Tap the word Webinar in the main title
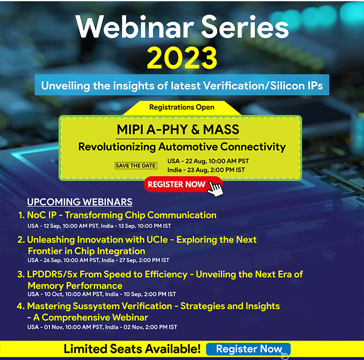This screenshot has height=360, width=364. tap(135, 27)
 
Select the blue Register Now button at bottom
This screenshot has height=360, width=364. tap(248, 349)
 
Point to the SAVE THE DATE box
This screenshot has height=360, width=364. tap(136, 166)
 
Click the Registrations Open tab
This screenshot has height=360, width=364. tap(182, 107)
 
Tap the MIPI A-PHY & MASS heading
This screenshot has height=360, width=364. tap(178, 129)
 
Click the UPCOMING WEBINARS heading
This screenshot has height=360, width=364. tap(80, 202)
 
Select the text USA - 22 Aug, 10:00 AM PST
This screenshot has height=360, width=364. tap(208, 161)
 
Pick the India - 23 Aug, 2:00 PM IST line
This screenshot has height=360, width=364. tap(206, 170)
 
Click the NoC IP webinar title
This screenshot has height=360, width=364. tap(121, 215)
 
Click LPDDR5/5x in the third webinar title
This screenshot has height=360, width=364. tap(52, 274)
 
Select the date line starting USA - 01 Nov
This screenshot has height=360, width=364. tap(102, 327)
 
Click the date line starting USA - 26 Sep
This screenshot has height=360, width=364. tap(98, 260)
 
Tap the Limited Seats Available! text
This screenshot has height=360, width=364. tap(132, 349)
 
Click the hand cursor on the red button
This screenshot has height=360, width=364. tap(215, 189)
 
